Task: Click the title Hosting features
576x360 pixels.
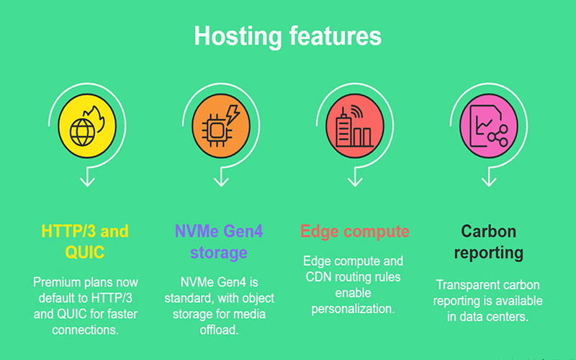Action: (x=288, y=36)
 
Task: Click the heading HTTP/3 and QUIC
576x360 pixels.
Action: (x=86, y=242)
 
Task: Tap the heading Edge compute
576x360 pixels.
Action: (x=354, y=232)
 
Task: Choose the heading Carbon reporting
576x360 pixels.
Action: (x=489, y=242)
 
